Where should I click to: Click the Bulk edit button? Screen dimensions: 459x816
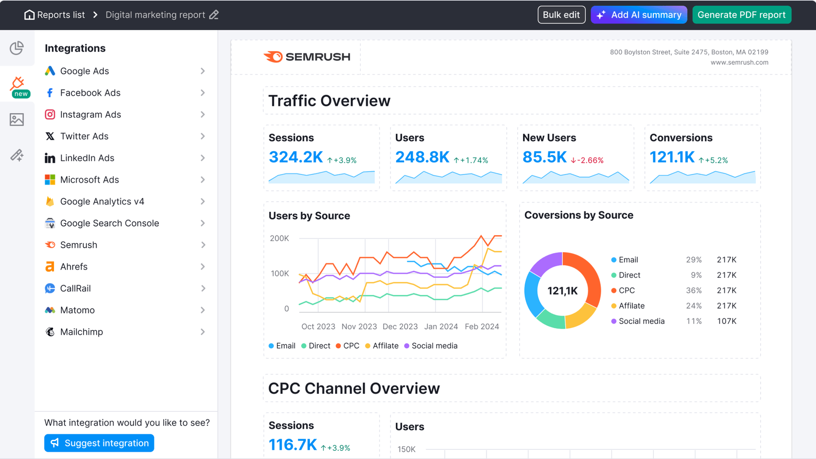561,15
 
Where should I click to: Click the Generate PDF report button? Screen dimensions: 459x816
741,15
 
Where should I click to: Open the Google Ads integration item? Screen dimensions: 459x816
85,71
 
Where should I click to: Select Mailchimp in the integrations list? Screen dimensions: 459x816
82,332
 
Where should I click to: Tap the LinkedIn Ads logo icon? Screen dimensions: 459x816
50,158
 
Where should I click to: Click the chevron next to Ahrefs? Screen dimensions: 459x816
203,267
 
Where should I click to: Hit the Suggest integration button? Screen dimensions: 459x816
99,443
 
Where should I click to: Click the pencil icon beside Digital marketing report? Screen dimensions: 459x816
214,15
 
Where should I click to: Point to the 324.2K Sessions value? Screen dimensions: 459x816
295,157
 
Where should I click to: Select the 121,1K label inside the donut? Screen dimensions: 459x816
562,291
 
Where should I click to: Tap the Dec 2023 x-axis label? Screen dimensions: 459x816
400,326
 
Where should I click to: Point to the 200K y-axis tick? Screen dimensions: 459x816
279,238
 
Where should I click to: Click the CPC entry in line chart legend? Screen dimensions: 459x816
348,346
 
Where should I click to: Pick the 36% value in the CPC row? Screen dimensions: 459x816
694,290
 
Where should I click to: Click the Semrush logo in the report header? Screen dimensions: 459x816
307,57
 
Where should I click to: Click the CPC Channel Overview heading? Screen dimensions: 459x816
354,389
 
